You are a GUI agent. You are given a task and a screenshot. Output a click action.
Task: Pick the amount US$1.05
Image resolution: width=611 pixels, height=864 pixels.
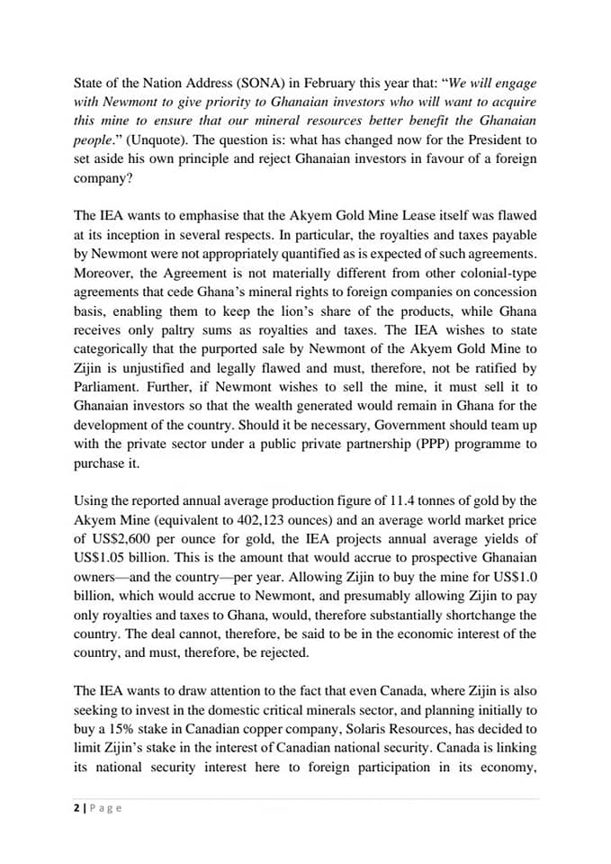[x=102, y=559]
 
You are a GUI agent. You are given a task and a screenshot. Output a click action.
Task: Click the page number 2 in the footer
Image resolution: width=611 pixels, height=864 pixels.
[x=76, y=807]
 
